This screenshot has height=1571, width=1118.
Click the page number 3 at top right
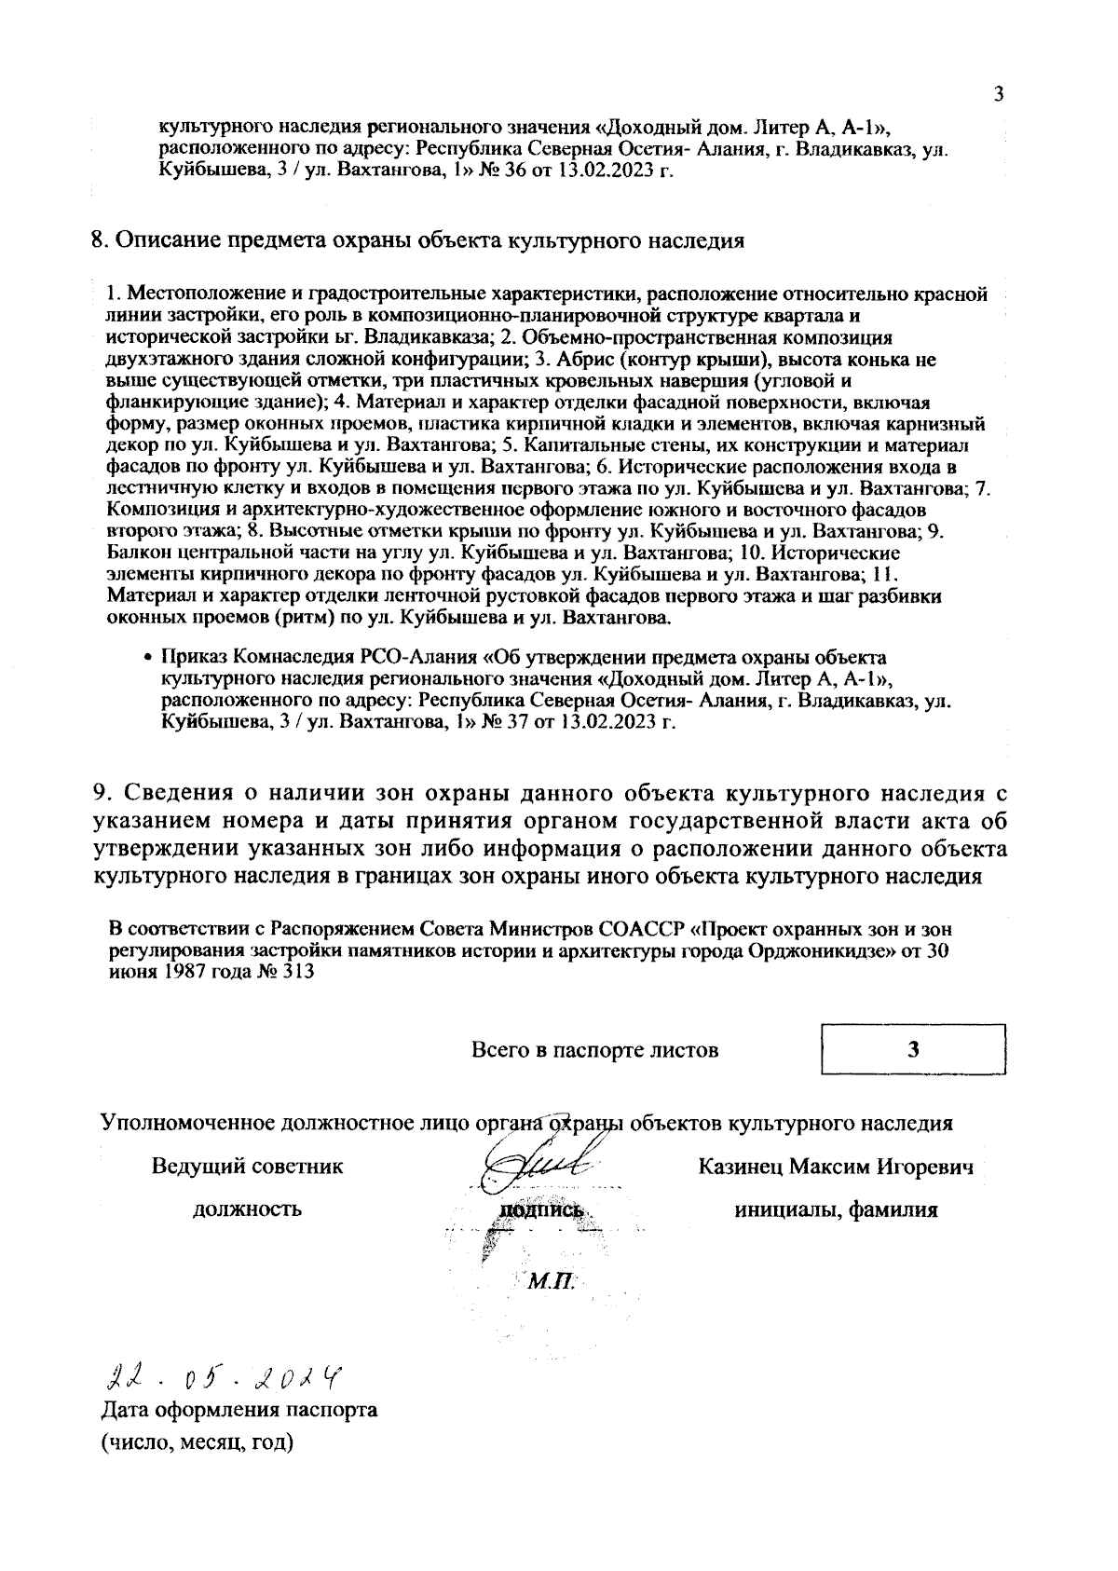pos(999,93)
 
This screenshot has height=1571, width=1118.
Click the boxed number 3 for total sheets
pos(914,1050)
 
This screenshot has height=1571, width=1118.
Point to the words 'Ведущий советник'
pos(247,1167)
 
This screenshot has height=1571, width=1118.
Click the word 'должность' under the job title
pos(247,1209)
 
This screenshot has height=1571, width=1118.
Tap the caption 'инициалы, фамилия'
pos(836,1209)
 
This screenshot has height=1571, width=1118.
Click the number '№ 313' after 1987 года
pos(286,971)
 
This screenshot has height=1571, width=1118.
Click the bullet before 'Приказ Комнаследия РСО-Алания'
pos(147,658)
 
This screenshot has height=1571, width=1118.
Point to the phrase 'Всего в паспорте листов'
pos(594,1050)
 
